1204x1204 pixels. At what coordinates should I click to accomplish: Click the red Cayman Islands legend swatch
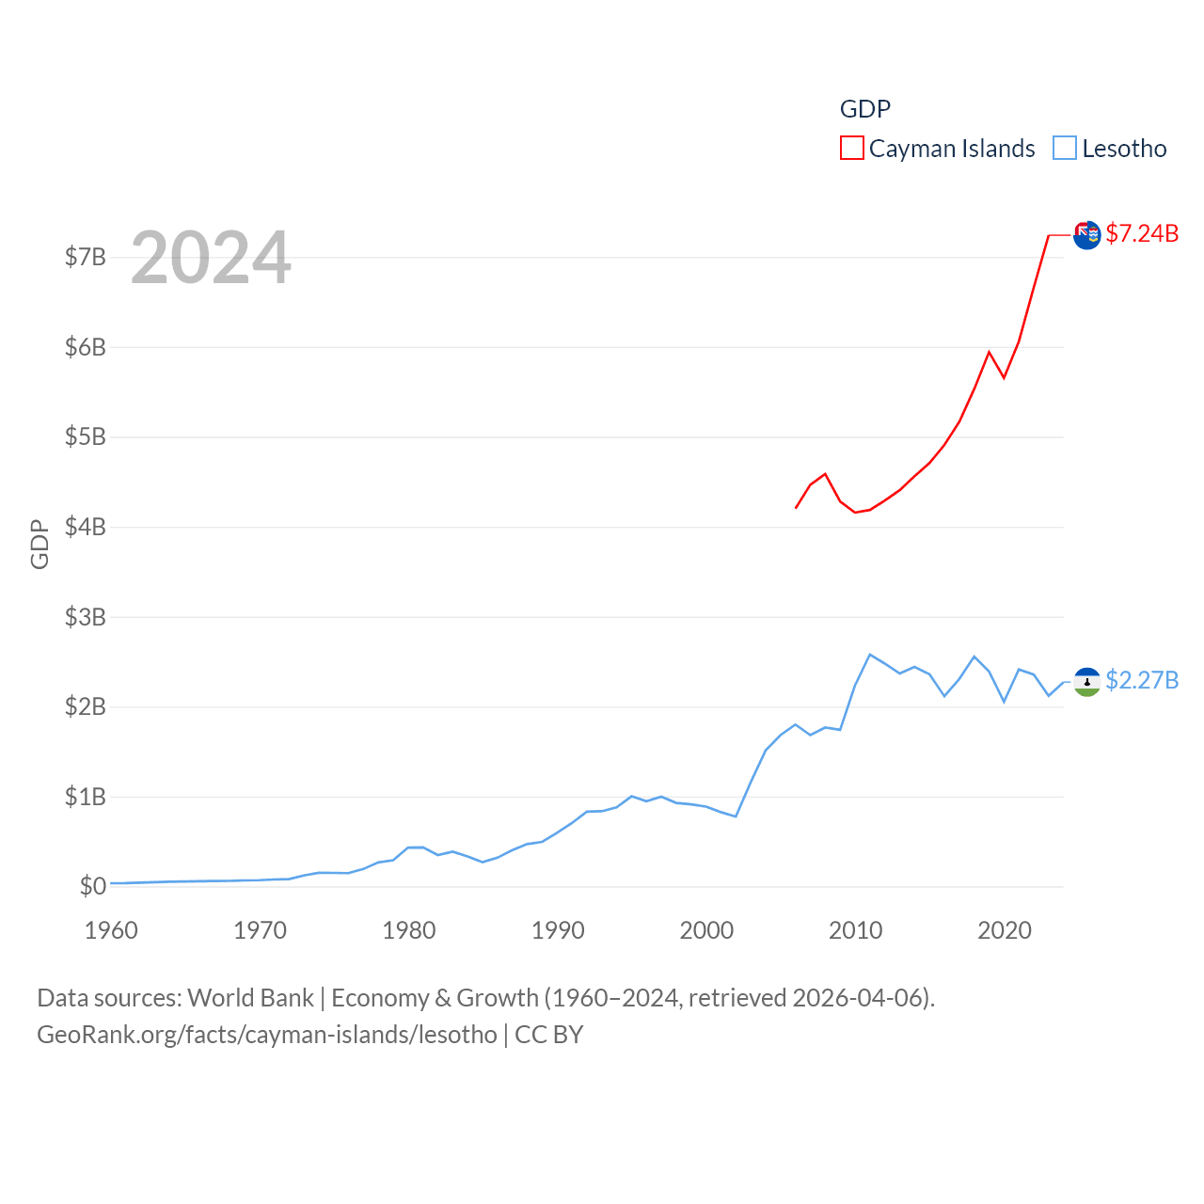click(851, 149)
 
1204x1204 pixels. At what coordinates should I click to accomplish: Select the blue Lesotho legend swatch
click(1064, 149)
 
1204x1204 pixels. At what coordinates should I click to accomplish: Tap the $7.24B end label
click(1142, 233)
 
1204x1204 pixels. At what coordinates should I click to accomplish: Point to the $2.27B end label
click(1142, 680)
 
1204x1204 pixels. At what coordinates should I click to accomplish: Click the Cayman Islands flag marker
click(1086, 235)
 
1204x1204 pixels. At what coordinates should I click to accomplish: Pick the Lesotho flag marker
click(1086, 682)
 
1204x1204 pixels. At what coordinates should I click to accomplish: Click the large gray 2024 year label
click(211, 258)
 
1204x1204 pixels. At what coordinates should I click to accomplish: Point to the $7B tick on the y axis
click(85, 258)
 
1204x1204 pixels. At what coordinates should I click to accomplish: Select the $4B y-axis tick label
click(85, 527)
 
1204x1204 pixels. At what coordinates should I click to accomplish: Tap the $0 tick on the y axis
click(92, 886)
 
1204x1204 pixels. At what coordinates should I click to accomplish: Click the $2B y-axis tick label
click(85, 706)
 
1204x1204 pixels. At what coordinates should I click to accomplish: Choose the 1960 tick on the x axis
click(111, 931)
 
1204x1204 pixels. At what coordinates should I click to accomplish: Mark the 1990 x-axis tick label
click(558, 931)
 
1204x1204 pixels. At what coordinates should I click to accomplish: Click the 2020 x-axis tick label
click(1005, 931)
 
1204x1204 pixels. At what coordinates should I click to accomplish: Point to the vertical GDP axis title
click(40, 544)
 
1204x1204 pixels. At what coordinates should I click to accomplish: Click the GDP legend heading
click(864, 109)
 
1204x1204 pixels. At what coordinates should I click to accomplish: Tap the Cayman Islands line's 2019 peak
click(989, 352)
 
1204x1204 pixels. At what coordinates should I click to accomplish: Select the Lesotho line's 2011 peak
click(870, 654)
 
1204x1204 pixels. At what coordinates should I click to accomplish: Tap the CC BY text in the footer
click(549, 1035)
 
